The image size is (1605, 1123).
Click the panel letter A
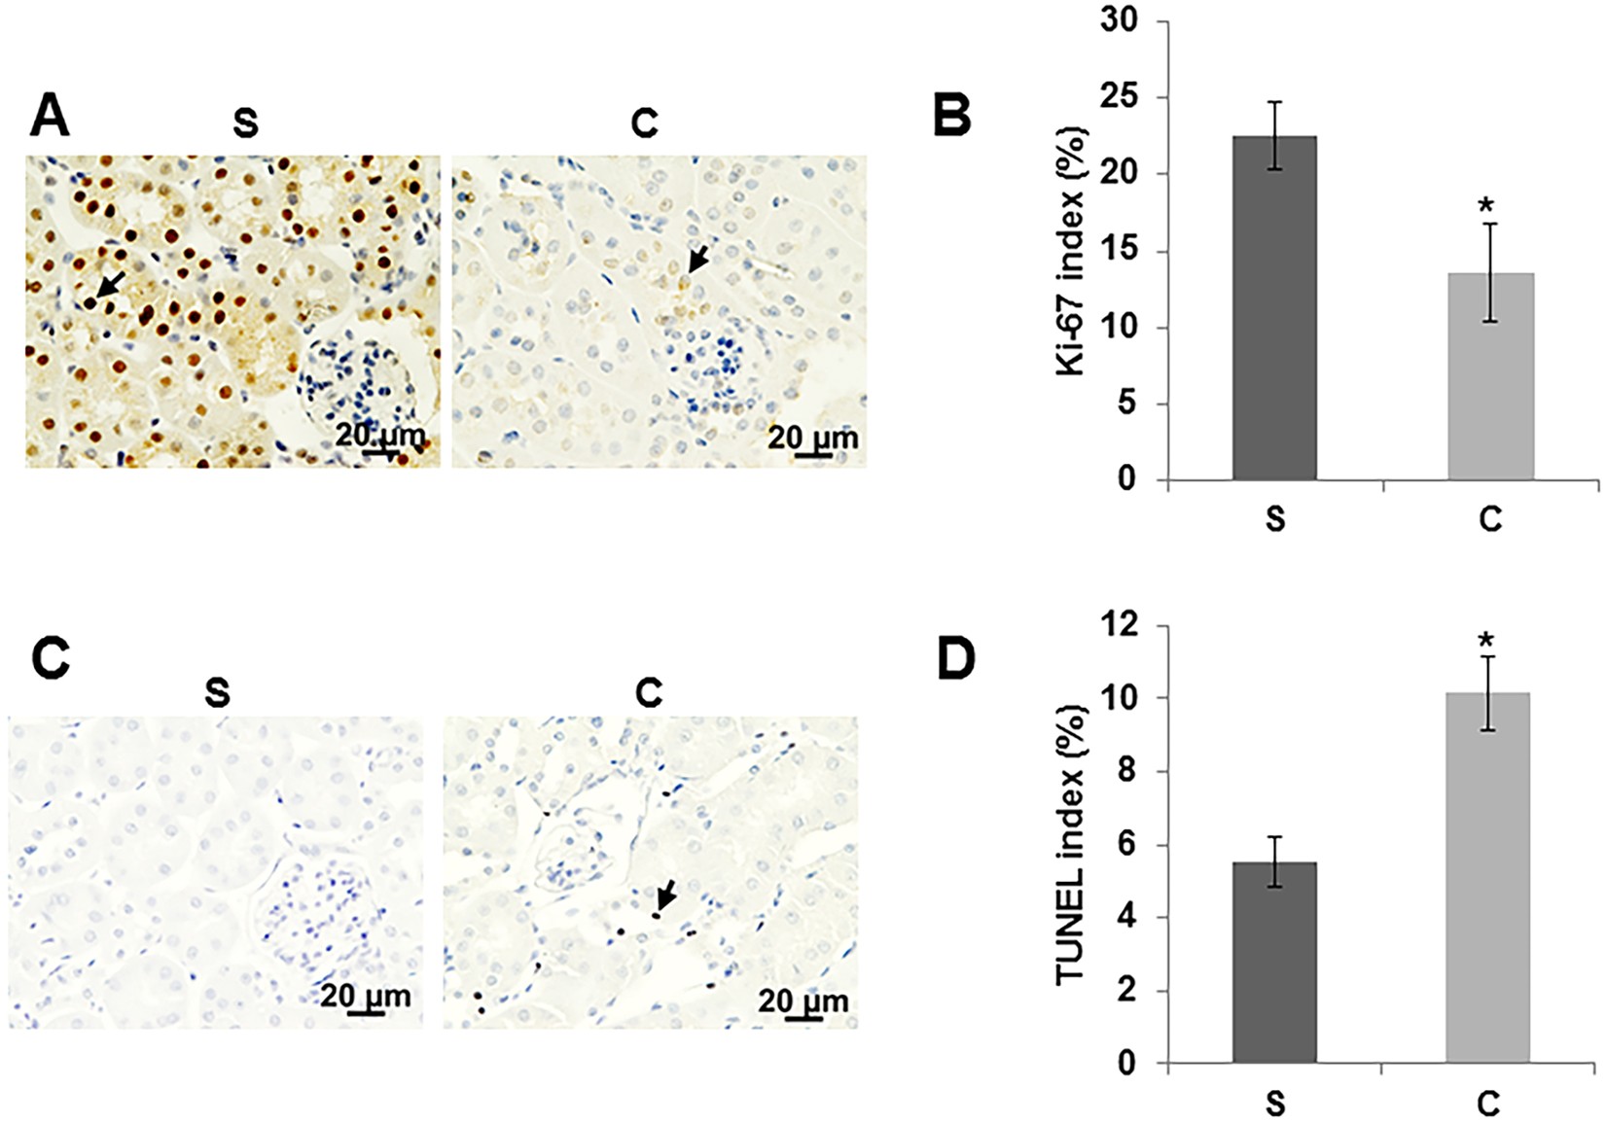point(50,119)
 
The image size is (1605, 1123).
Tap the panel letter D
point(954,657)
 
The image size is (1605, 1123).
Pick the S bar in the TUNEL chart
point(1274,963)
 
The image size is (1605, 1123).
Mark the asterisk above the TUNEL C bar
point(1485,641)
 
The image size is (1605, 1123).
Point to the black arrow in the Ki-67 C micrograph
point(695,261)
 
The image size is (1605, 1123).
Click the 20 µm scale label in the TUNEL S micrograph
point(366,996)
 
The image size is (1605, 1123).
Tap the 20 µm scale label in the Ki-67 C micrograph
point(813,438)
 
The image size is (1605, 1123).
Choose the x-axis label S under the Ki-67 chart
point(1274,520)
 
